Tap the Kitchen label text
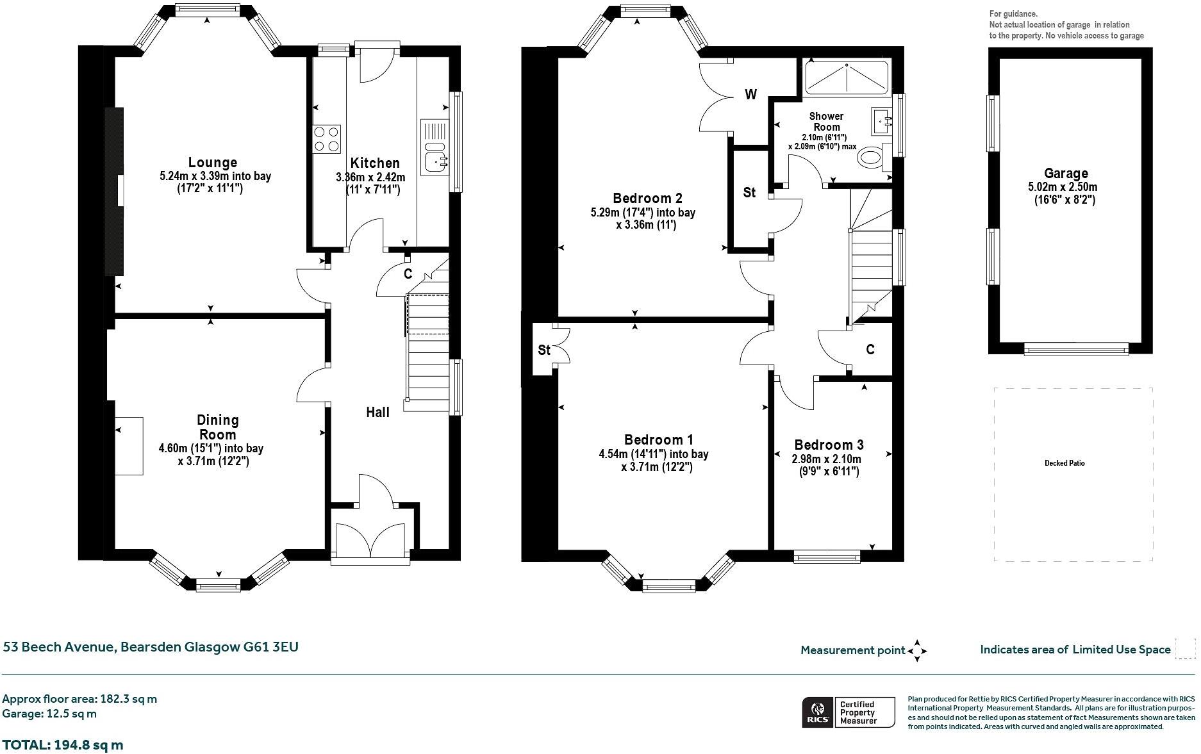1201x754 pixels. pos(375,163)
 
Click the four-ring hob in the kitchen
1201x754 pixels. pos(326,139)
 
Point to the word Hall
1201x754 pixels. pos(377,412)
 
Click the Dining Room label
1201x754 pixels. pos(217,427)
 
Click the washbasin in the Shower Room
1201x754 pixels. pos(882,120)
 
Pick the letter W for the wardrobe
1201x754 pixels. pos(750,95)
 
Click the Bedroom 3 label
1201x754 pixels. pos(829,445)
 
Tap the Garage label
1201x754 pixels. pos(1066,173)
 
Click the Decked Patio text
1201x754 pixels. pos(1064,463)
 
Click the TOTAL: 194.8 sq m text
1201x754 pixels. pos(63,745)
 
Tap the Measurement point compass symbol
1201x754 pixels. pos(917,650)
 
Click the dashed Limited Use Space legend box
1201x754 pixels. pos(1186,649)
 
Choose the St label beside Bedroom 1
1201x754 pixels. pos(544,350)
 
